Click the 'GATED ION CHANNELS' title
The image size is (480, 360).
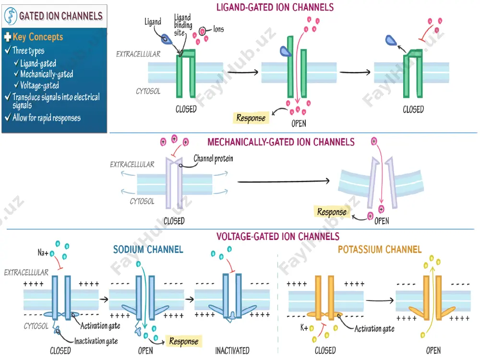(x=60, y=16)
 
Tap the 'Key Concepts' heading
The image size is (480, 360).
(x=37, y=37)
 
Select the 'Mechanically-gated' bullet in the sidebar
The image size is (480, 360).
(x=47, y=74)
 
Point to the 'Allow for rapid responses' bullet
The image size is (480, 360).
(x=47, y=118)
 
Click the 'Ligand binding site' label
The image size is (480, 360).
(x=183, y=25)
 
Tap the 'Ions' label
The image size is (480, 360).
(x=218, y=29)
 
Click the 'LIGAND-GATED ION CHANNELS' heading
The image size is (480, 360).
(x=275, y=7)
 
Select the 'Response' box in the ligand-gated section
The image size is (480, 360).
(x=251, y=118)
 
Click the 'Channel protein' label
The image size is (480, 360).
(x=213, y=158)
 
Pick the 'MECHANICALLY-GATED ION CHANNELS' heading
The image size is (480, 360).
(x=281, y=142)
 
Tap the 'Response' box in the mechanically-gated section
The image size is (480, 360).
(x=332, y=212)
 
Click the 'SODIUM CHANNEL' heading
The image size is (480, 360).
(x=148, y=250)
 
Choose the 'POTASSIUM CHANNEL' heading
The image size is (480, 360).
(x=380, y=250)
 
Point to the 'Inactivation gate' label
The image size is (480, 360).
(x=96, y=341)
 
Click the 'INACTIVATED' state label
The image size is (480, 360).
(x=232, y=350)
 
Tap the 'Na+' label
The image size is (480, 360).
(x=43, y=252)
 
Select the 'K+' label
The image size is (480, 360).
(x=304, y=328)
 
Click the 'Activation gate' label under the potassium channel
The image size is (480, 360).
(x=374, y=329)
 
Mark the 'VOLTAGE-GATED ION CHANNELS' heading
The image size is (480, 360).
(x=278, y=236)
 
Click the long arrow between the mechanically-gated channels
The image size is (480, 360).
(x=284, y=181)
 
